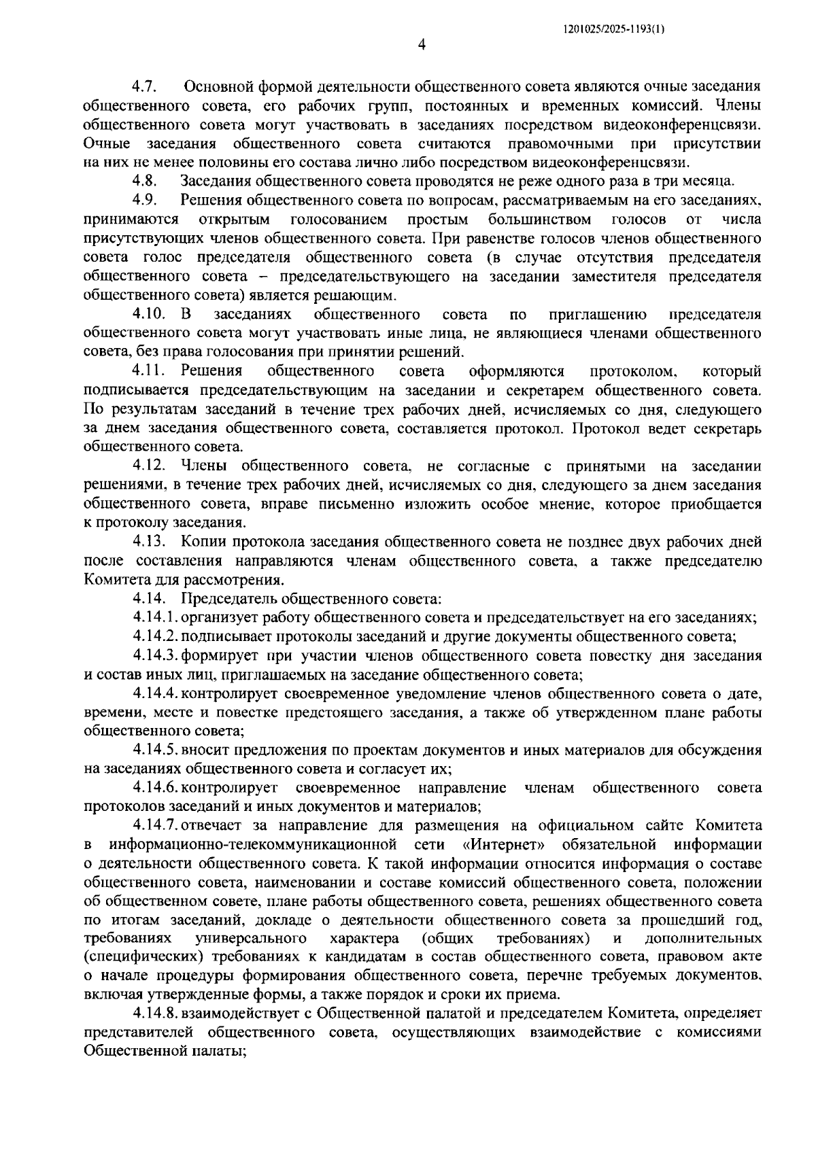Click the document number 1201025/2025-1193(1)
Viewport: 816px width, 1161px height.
click(x=613, y=29)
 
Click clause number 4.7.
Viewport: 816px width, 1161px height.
click(x=145, y=87)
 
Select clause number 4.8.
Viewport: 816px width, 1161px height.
click(x=145, y=181)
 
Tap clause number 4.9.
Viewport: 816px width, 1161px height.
click(x=145, y=200)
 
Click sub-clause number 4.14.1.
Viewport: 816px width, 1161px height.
click(x=156, y=617)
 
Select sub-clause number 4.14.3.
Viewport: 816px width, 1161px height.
click(x=156, y=656)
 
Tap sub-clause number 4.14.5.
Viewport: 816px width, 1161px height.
click(x=156, y=750)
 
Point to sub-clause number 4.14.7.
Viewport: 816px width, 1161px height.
click(x=156, y=825)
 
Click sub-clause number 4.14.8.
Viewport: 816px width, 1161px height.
click(x=156, y=1013)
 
